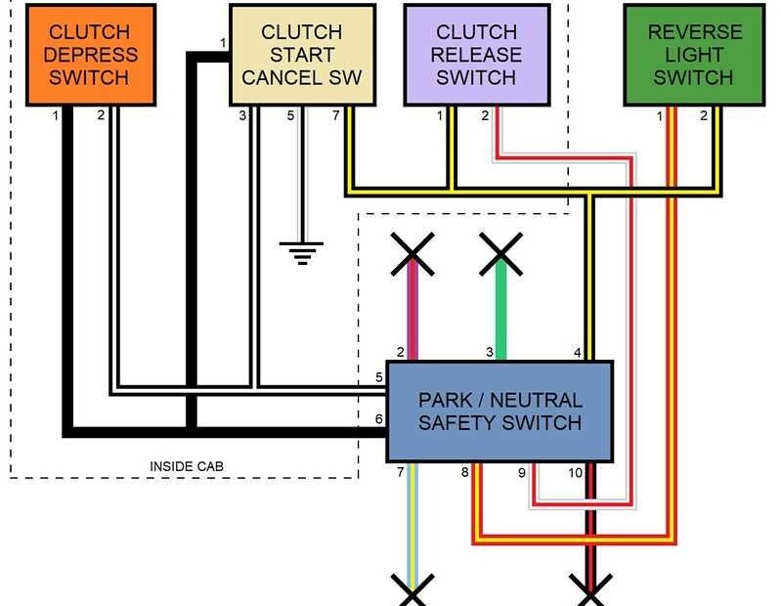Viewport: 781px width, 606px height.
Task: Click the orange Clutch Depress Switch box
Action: click(x=90, y=55)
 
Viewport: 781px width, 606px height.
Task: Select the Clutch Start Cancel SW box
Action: click(x=301, y=55)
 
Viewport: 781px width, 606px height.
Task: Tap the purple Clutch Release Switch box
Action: click(x=477, y=55)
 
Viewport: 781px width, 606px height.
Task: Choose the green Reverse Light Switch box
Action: click(x=693, y=55)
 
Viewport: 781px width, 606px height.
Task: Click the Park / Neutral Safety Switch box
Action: click(x=499, y=411)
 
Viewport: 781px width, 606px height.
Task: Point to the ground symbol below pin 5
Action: click(x=304, y=252)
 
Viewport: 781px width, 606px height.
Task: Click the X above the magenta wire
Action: click(x=412, y=254)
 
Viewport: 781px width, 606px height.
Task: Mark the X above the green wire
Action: click(x=501, y=254)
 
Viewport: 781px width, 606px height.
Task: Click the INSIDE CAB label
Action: click(x=186, y=466)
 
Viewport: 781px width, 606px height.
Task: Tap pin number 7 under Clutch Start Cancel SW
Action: click(x=335, y=116)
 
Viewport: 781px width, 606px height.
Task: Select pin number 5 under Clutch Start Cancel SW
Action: click(x=290, y=116)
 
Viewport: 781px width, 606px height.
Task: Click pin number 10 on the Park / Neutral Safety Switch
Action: click(x=576, y=473)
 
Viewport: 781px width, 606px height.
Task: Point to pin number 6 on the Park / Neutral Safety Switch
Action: click(x=378, y=419)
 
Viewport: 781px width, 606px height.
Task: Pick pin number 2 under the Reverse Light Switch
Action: click(x=703, y=116)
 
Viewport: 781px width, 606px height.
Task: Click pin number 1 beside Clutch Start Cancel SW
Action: click(x=223, y=43)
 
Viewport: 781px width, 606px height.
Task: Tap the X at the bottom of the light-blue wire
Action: click(x=412, y=591)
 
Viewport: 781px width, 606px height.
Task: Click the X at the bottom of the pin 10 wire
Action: click(x=590, y=591)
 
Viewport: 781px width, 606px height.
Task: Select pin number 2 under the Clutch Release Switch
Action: click(x=485, y=116)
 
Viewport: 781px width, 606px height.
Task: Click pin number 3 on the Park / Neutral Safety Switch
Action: click(x=490, y=352)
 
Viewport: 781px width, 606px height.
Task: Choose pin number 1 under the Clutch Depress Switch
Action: click(x=56, y=116)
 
